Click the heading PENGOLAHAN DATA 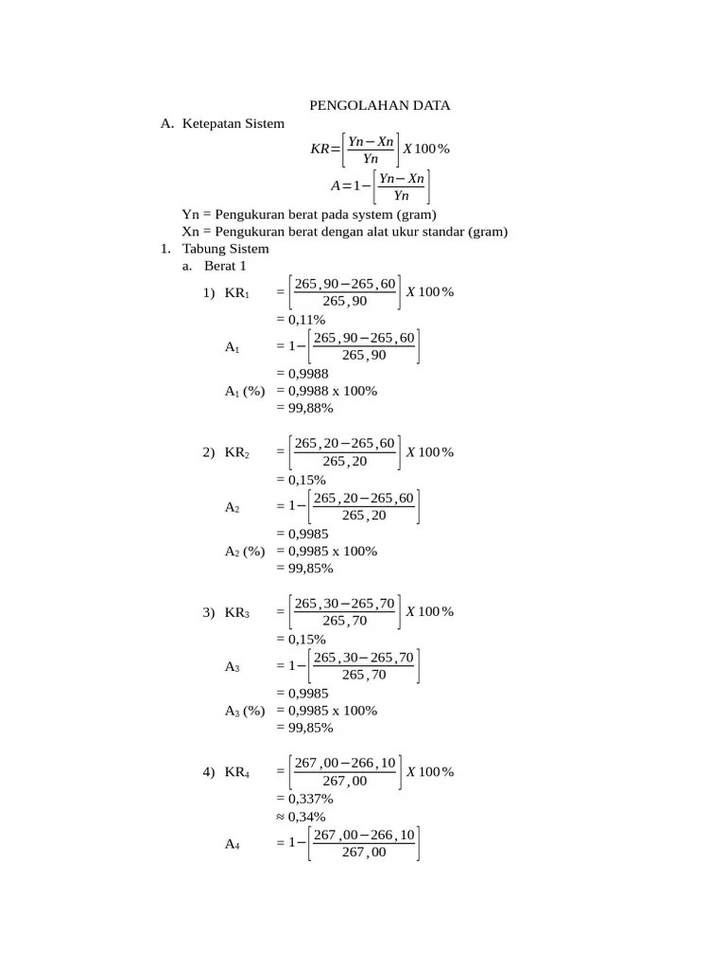pos(381,105)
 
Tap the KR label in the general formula pos(320,149)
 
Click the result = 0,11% pos(301,320)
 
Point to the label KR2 pos(237,452)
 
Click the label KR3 pos(237,612)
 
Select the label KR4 pos(237,772)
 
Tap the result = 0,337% pos(304,799)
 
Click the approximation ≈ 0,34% pos(301,816)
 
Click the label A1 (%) pos(244,391)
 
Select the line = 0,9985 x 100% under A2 pos(326,551)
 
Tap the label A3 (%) pos(244,711)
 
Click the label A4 pos(233,845)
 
